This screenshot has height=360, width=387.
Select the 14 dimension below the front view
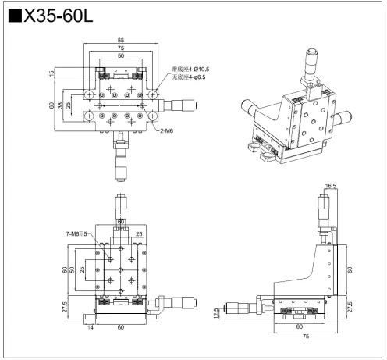coord(91,329)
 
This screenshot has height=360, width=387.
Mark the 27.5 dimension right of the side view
coord(349,304)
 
